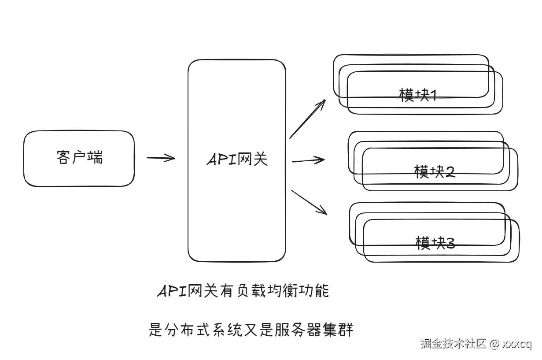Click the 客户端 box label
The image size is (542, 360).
point(80,157)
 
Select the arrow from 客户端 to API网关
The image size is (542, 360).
point(161,158)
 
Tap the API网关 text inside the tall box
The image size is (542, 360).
point(237,160)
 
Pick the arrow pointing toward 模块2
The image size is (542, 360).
point(308,160)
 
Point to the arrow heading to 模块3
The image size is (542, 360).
point(309,203)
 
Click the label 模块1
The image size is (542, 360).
point(417,95)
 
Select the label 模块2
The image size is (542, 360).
point(434,171)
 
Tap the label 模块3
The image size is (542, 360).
point(435,242)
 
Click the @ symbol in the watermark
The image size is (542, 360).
point(494,344)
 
